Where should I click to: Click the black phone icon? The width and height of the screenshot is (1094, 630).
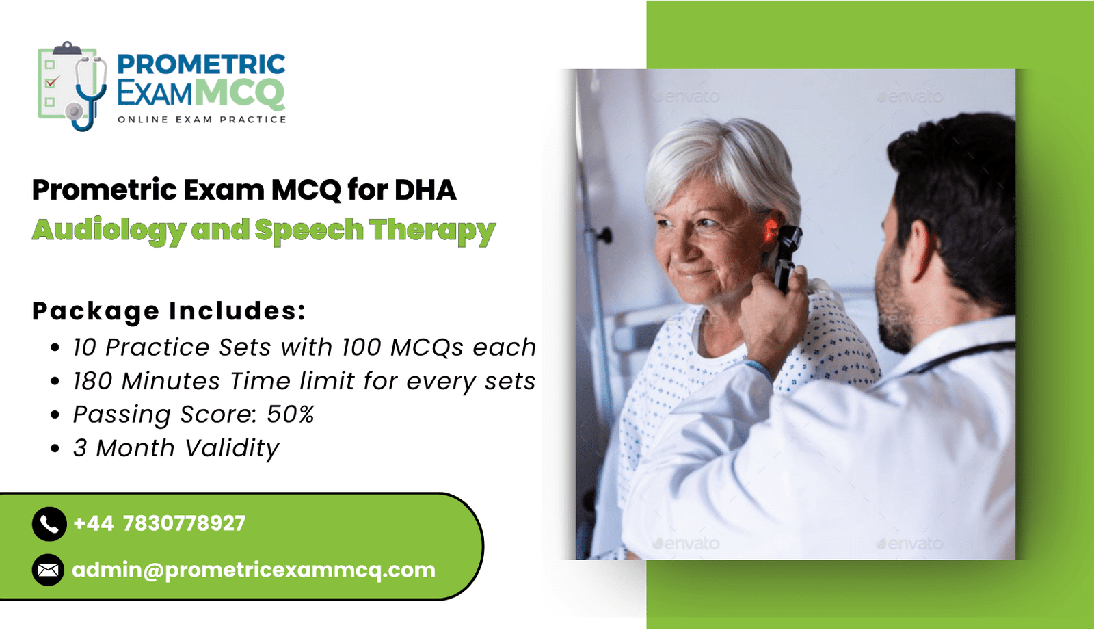click(49, 524)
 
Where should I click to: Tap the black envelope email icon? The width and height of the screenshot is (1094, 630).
click(49, 570)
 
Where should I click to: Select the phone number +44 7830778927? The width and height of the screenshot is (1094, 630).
click(159, 523)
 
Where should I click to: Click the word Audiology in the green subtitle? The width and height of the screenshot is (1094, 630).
click(109, 230)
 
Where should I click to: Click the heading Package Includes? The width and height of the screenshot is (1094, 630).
click(169, 311)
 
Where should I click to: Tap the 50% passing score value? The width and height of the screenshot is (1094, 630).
click(290, 415)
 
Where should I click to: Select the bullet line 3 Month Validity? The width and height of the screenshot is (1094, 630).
click(176, 448)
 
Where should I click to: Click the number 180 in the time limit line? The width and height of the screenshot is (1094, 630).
click(93, 381)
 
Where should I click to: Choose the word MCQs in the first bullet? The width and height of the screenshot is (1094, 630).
click(427, 347)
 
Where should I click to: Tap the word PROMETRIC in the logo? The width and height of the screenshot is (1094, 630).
click(201, 64)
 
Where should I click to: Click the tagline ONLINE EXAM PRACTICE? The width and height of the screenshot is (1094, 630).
click(202, 120)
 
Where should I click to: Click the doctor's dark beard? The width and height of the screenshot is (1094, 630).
click(894, 303)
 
